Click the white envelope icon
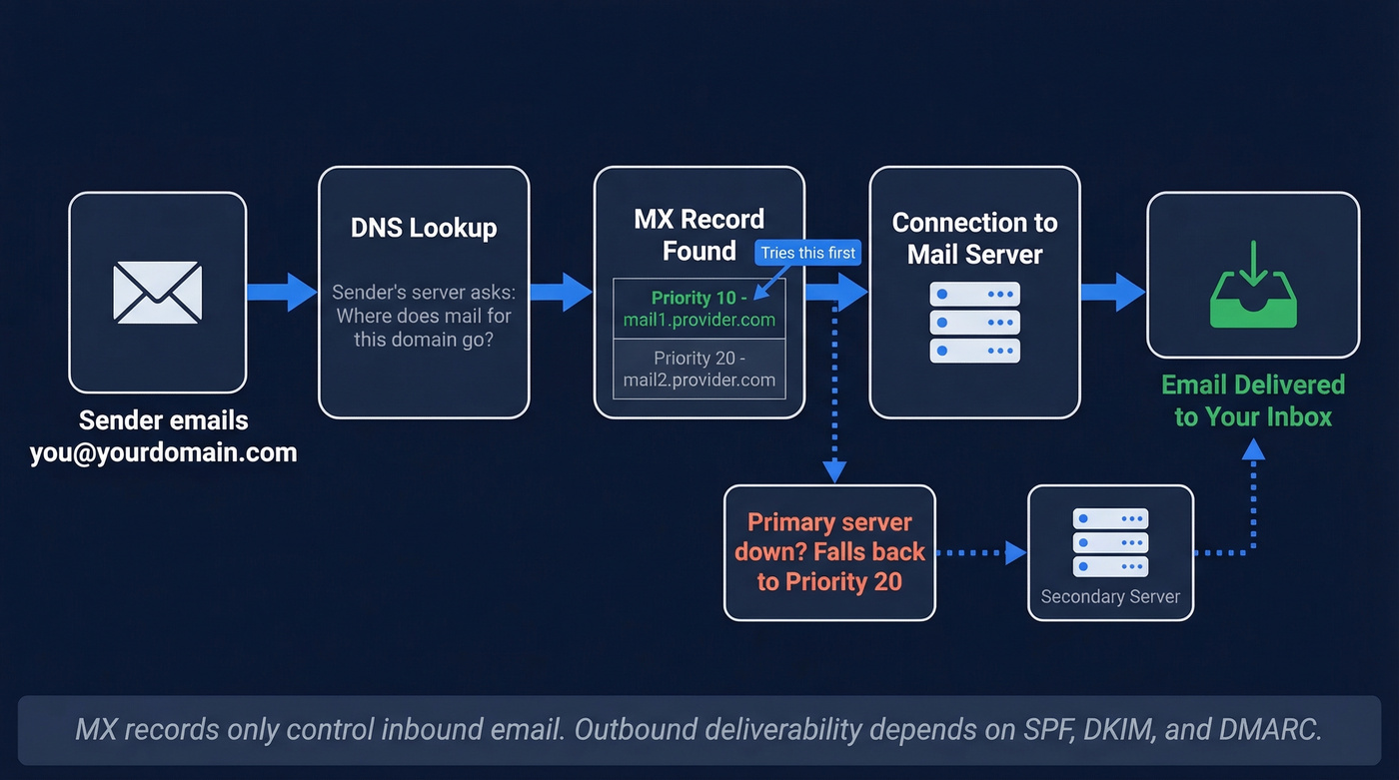(x=158, y=292)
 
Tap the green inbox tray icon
(x=1253, y=288)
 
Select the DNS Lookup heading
(x=424, y=228)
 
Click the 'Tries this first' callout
(x=807, y=253)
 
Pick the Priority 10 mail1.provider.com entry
(x=699, y=309)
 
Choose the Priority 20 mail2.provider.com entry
(x=699, y=369)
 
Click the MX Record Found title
(x=699, y=235)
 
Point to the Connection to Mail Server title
(x=974, y=238)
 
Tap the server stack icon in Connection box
(x=974, y=322)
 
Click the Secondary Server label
(x=1110, y=596)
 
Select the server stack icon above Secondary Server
(x=1110, y=542)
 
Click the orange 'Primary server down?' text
(x=829, y=551)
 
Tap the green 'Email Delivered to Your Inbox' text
(x=1253, y=400)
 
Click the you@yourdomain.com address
(x=163, y=452)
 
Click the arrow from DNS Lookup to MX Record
(x=561, y=292)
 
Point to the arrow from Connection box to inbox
(x=1112, y=292)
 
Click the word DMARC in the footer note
(x=1270, y=729)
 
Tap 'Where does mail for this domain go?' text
(x=424, y=328)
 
